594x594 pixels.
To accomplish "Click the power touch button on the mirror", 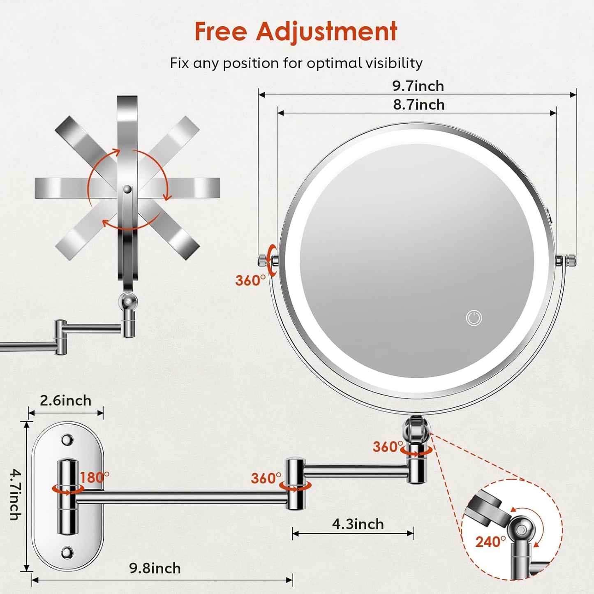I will click(x=474, y=318).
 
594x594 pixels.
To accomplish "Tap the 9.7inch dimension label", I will click(x=418, y=86).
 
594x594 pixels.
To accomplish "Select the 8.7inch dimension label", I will click(x=419, y=105).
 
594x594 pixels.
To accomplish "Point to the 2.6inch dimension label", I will click(x=66, y=400).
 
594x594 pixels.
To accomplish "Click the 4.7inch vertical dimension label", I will click(x=15, y=495).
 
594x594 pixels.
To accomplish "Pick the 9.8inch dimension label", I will click(x=155, y=568).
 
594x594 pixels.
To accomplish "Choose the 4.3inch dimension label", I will click(x=358, y=524).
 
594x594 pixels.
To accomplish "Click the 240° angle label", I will click(x=490, y=542).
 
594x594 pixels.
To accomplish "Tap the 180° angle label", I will click(x=95, y=477).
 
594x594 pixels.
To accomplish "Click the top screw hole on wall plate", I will click(x=67, y=440).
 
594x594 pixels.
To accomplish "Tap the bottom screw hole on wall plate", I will click(x=67, y=552).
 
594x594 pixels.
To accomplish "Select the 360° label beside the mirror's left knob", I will click(x=250, y=280).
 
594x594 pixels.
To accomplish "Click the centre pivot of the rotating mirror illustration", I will click(x=127, y=189).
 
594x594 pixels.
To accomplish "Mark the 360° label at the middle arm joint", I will click(x=266, y=478).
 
